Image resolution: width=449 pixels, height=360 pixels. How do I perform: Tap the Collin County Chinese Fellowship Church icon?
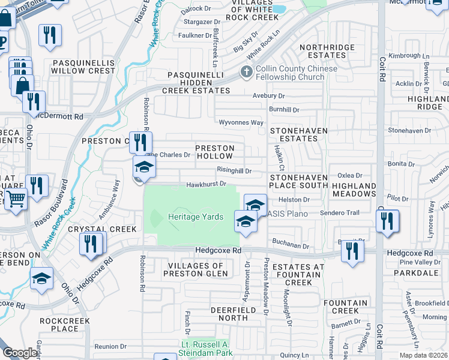tap(246, 73)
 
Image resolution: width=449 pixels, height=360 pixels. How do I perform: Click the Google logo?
tap(19, 353)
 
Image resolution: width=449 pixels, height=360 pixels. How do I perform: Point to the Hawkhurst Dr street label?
tap(205, 184)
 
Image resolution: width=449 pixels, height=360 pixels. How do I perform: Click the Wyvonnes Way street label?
tap(240, 122)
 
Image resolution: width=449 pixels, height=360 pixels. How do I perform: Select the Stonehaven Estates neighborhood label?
tap(294, 134)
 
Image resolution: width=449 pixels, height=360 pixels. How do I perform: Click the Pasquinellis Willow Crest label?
tap(83, 66)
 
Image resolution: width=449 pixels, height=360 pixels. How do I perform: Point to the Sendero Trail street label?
tap(340, 213)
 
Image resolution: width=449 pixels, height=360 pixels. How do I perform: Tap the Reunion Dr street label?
tap(110, 346)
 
